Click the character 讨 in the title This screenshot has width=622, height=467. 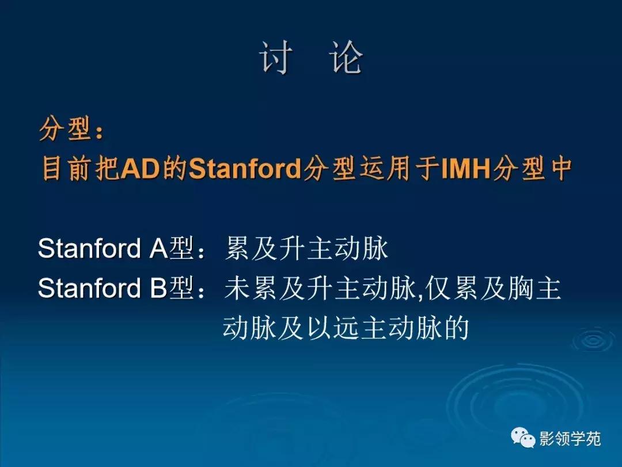pos(275,58)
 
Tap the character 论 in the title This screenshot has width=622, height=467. pos(347,58)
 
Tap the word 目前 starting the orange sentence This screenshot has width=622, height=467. pos(62,168)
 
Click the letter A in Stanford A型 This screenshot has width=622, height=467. pos(158,249)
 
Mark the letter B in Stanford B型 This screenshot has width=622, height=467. pos(158,289)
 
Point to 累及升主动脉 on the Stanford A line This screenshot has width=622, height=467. pos(306,249)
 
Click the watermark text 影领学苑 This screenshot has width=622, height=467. pos(570,439)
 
